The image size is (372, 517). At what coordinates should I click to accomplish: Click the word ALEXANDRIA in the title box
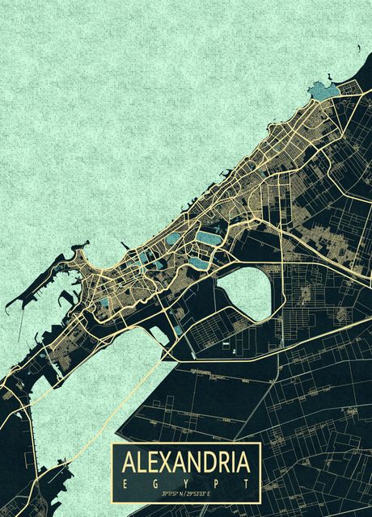(x=186, y=462)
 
